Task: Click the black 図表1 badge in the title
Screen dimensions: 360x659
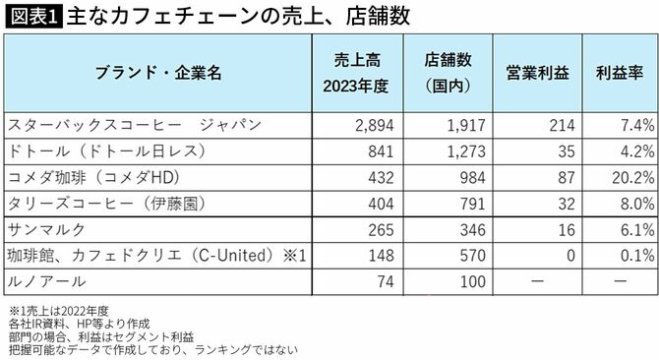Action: point(31,17)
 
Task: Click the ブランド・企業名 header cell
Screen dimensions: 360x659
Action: point(158,73)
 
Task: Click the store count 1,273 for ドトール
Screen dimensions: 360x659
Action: point(461,151)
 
